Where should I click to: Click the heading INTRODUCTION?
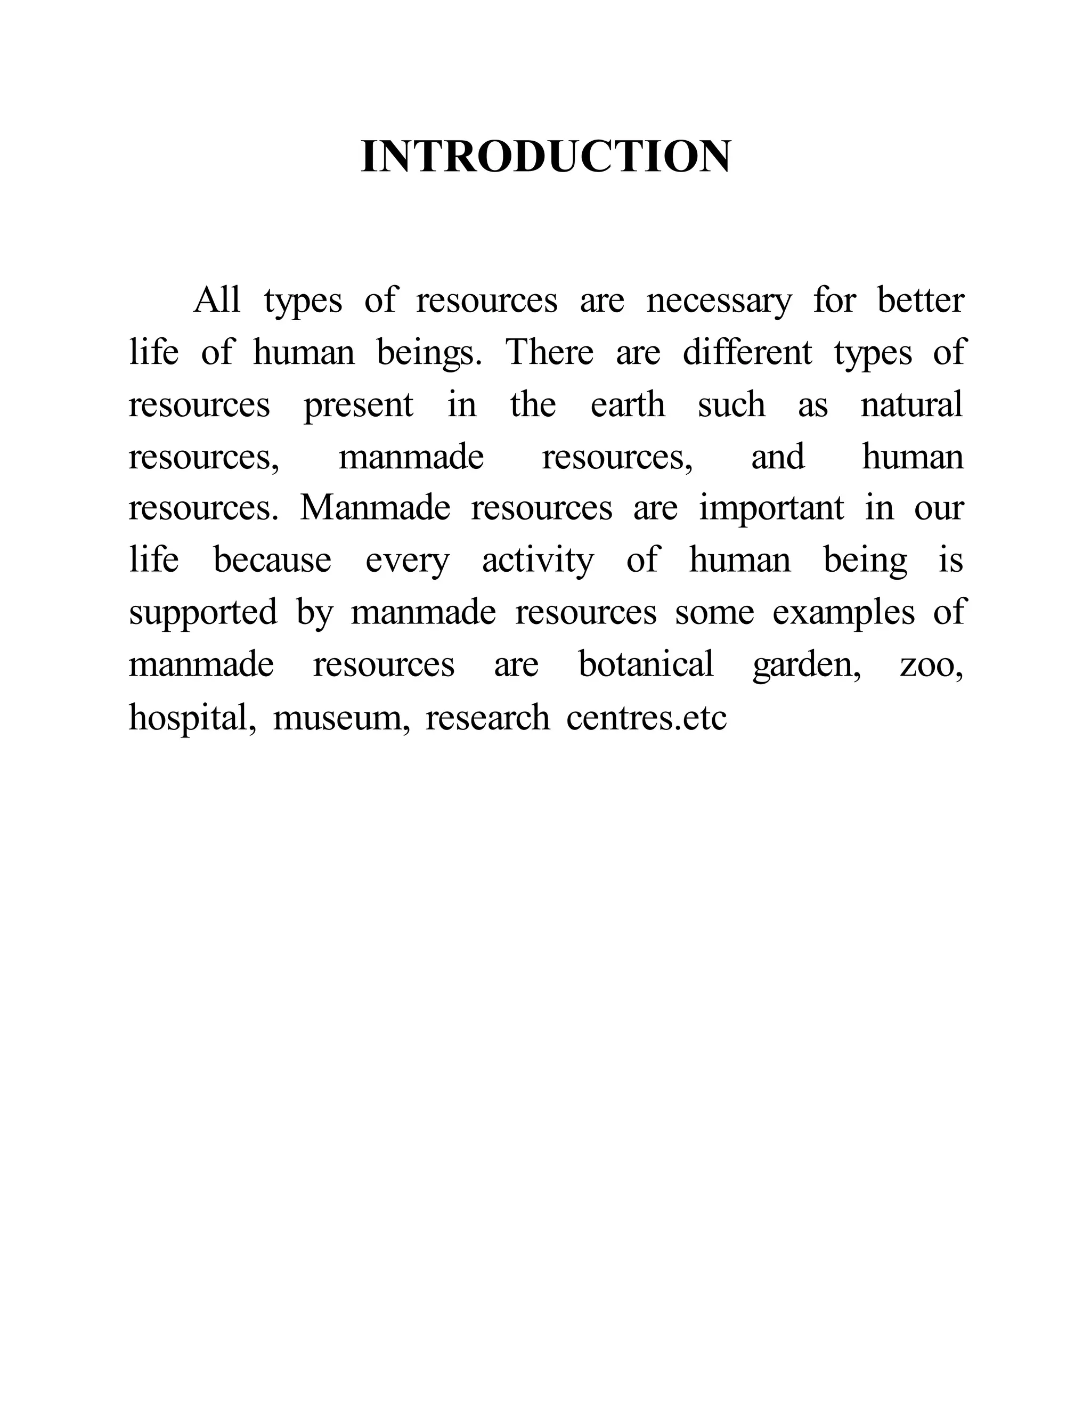[545, 157]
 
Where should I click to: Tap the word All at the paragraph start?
[217, 300]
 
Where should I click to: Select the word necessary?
[719, 301]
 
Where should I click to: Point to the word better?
[921, 300]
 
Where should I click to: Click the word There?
[549, 352]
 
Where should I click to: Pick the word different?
[747, 352]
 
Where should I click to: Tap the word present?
[359, 405]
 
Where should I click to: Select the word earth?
[628, 405]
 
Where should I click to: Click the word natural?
[911, 405]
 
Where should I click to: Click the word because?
[272, 560]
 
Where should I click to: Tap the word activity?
[538, 561]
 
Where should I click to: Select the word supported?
[203, 613]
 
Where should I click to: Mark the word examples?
[843, 613]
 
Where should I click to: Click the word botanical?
[646, 664]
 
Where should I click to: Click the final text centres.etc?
[646, 718]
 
